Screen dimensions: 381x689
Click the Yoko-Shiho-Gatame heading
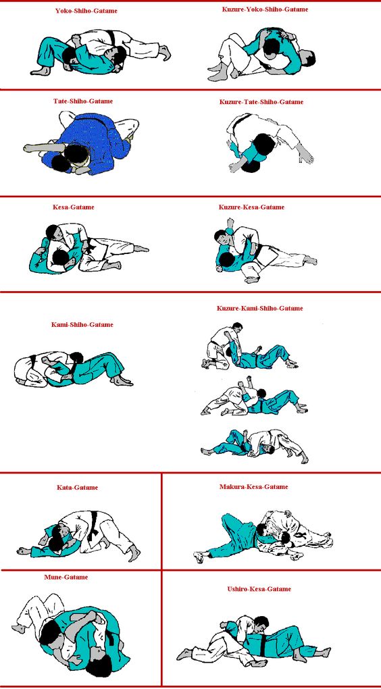[x=86, y=11]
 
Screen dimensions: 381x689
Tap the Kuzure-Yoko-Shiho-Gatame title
[x=265, y=9]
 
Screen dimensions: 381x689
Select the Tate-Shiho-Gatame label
[x=83, y=101]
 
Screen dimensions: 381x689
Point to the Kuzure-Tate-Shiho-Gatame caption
[x=261, y=102]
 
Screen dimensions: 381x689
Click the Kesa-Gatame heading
[x=74, y=207]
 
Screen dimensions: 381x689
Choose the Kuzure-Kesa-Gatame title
[x=251, y=207]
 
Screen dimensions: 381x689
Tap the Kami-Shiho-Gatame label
[x=82, y=325]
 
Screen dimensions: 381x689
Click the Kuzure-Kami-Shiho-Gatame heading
[x=259, y=309]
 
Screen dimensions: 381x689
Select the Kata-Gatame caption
[x=77, y=487]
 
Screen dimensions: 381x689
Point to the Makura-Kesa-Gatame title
[x=253, y=487]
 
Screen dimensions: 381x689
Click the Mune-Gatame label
[x=66, y=577]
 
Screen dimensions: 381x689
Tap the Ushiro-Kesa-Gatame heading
[x=259, y=589]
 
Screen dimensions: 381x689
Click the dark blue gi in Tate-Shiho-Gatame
[x=99, y=141]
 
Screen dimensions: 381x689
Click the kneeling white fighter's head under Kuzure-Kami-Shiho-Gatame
[x=237, y=327]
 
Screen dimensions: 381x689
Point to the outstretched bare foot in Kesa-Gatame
[x=141, y=249]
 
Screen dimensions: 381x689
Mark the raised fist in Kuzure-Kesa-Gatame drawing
[x=230, y=222]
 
